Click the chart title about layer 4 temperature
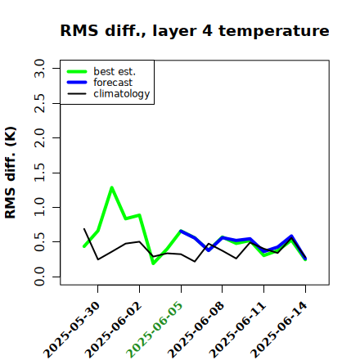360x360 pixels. click(x=195, y=31)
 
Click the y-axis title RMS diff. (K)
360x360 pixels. click(x=11, y=173)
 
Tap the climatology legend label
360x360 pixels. click(x=122, y=94)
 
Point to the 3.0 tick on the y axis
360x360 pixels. click(x=39, y=68)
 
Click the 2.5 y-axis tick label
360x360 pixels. click(x=39, y=103)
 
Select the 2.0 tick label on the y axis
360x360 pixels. click(x=39, y=137)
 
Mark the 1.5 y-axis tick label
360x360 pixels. click(x=39, y=173)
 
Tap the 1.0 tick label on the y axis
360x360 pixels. click(x=39, y=207)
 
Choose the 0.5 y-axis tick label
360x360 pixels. click(x=39, y=242)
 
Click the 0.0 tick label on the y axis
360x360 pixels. click(x=39, y=277)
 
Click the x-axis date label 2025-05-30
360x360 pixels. click(x=71, y=330)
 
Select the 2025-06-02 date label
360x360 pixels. click(x=113, y=330)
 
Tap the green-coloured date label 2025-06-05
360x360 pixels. click(x=155, y=330)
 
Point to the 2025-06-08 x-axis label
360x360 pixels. click(x=196, y=330)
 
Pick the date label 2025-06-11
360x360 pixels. click(x=237, y=330)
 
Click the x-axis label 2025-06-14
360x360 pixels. click(x=279, y=330)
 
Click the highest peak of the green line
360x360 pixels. click(x=112, y=187)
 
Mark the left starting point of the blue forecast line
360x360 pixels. click(x=181, y=231)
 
